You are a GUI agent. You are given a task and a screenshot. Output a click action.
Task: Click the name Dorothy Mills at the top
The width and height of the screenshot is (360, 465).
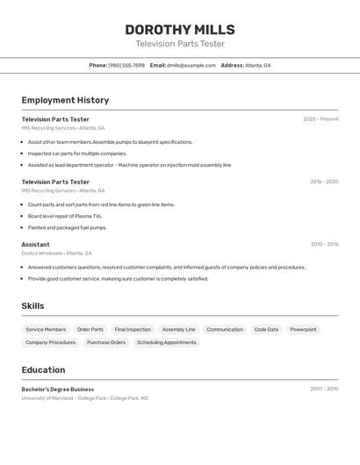[180, 30]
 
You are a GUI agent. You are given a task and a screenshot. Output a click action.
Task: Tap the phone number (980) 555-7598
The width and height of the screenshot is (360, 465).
[126, 65]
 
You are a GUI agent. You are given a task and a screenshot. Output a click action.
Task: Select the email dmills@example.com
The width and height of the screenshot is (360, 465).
[191, 65]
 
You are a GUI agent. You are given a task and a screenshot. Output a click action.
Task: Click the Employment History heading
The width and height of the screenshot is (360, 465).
[65, 100]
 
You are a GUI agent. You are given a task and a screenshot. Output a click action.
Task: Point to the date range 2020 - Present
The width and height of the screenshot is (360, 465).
[320, 119]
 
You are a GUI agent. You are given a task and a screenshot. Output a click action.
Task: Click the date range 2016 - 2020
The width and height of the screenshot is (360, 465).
[323, 182]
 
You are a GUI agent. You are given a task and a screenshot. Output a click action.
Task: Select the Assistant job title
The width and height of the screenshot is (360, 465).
[35, 245]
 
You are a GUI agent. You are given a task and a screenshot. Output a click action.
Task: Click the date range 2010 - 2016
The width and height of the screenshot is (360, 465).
[324, 245]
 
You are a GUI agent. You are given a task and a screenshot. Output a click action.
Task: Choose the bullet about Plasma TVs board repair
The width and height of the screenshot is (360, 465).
[65, 216]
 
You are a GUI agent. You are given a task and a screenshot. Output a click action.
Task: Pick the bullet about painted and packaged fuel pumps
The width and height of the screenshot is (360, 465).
[67, 227]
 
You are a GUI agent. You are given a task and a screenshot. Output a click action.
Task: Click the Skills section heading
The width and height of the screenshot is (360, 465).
[32, 306]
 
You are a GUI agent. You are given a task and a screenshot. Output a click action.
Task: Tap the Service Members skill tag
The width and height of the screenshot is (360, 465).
[46, 330]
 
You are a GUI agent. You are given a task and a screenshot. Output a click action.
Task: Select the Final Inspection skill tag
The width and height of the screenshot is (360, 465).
[133, 330]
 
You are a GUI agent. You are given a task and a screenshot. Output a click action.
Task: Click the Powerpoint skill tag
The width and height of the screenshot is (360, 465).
[303, 330]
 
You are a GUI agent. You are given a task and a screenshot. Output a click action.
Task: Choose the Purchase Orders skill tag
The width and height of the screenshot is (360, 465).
[106, 343]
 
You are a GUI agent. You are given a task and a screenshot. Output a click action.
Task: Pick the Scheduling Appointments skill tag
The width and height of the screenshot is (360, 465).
[167, 343]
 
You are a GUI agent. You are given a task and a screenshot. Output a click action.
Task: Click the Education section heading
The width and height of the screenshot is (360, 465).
[43, 370]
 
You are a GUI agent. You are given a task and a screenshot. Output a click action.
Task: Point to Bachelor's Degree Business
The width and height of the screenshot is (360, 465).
[58, 390]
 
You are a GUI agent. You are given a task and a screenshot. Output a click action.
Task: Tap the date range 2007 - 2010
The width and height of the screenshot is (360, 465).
[324, 389]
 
